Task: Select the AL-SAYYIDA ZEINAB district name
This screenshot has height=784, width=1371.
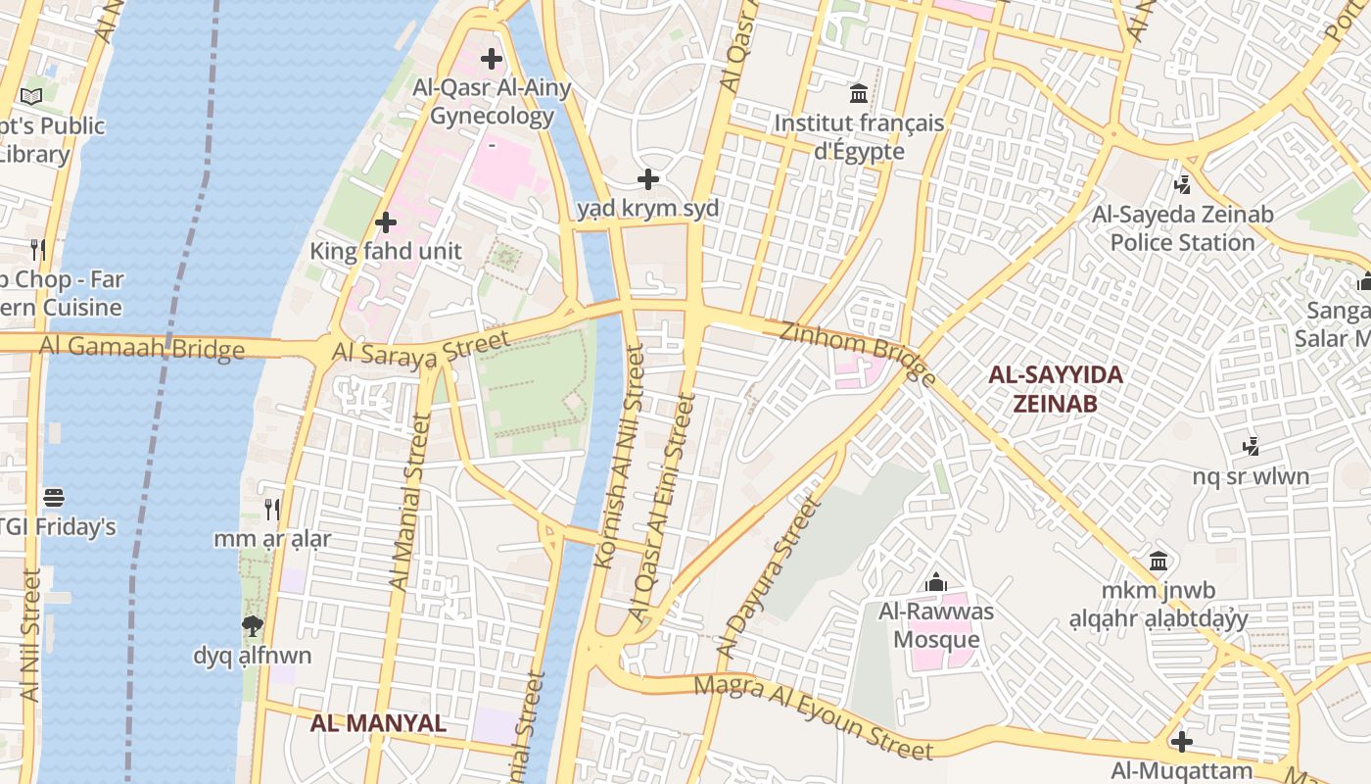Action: click(1055, 389)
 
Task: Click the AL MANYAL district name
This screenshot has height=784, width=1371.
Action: click(378, 723)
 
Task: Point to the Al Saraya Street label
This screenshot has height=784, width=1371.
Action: click(421, 349)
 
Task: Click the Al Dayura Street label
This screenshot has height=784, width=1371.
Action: click(767, 578)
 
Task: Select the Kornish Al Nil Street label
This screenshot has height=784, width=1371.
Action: click(619, 456)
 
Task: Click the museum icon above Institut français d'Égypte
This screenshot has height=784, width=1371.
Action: click(859, 94)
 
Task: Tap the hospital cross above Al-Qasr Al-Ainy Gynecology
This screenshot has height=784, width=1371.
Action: click(491, 59)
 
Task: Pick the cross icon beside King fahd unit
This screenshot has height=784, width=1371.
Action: click(386, 222)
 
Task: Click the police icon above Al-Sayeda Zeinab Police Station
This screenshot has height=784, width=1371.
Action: click(1183, 183)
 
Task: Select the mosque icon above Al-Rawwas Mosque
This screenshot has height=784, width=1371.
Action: click(936, 582)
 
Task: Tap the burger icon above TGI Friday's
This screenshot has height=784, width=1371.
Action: click(54, 498)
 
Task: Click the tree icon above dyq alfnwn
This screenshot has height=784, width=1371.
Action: click(252, 625)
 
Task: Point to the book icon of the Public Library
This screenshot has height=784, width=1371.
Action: click(31, 96)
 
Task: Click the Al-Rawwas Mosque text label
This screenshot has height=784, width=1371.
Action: click(935, 626)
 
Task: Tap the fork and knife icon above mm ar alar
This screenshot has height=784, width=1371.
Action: click(272, 510)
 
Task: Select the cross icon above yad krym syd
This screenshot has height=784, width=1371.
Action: click(647, 179)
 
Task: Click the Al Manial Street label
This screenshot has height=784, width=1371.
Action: click(409, 502)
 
